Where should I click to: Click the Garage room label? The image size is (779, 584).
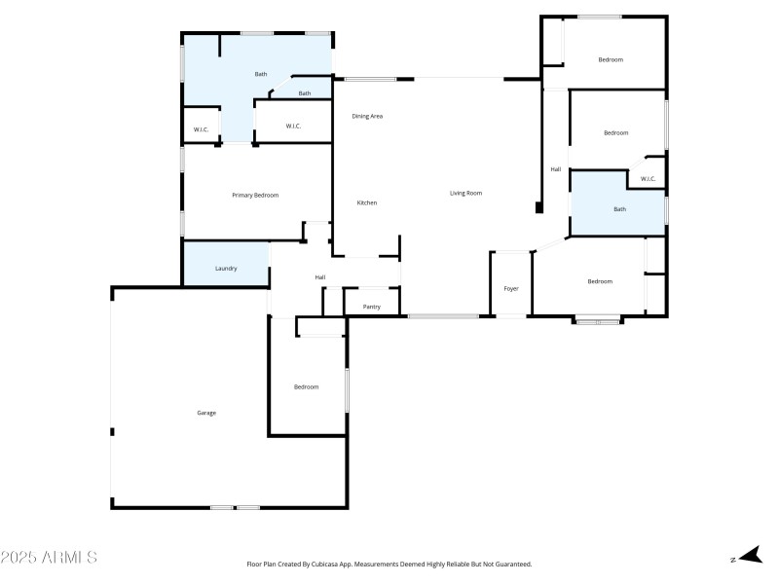pos(206,413)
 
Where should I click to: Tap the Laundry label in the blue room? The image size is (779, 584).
pos(226,268)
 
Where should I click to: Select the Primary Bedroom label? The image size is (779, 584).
pos(255,195)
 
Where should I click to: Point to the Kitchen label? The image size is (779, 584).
pos(366,202)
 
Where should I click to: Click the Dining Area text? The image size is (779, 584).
pos(367,116)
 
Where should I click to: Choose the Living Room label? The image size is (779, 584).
pos(465,193)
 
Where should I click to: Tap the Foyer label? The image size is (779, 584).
pos(511,289)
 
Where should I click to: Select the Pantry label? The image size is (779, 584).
pos(371,307)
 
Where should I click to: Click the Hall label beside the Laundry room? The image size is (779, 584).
pos(319,277)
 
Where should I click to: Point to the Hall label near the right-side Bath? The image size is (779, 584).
pos(556,169)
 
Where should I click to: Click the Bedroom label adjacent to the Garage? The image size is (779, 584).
pos(307,386)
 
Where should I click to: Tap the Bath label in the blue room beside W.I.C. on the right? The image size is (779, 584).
pos(619,209)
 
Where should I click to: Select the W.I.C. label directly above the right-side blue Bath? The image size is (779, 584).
pos(648,178)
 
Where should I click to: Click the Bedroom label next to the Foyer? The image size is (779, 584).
pos(600,281)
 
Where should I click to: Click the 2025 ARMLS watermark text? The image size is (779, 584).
pos(49,558)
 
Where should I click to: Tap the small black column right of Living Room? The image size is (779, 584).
pos(538,207)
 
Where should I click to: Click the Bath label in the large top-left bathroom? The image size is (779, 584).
pos(261,74)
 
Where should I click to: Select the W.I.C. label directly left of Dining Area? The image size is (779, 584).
pos(293,126)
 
